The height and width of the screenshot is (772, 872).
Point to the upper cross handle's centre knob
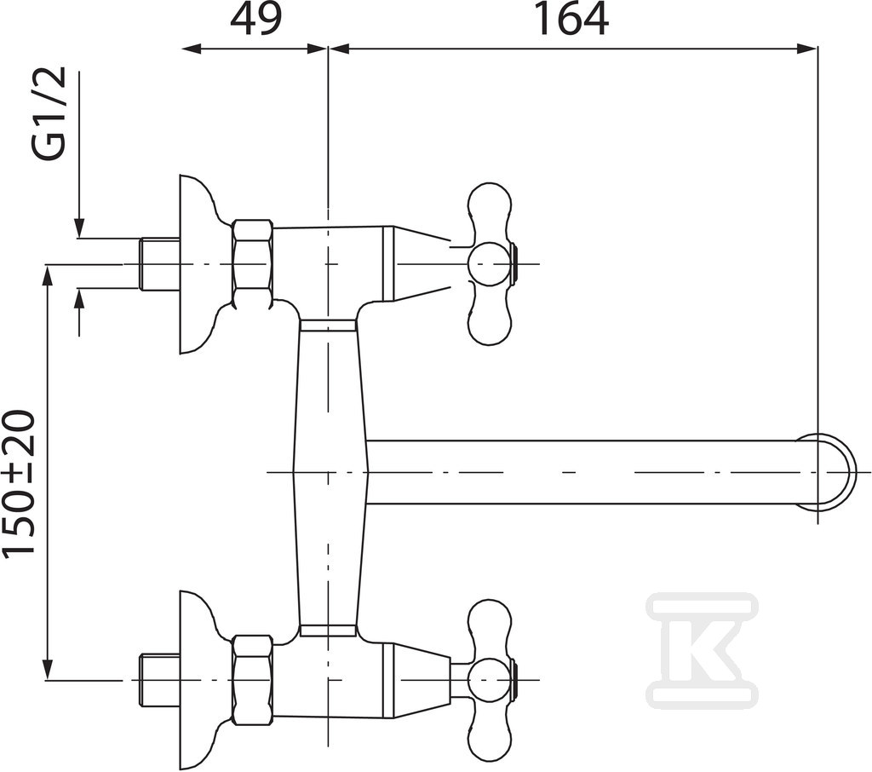[x=490, y=263]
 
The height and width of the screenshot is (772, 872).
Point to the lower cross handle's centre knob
[x=490, y=680]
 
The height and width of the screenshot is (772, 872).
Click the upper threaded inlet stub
[x=159, y=263]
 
